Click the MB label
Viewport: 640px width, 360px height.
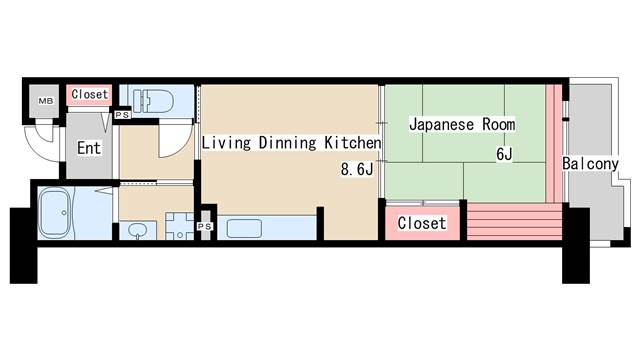point(45,101)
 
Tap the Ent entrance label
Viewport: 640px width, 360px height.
point(88,147)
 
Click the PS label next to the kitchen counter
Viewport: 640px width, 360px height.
point(205,227)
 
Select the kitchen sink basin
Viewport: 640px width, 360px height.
point(244,228)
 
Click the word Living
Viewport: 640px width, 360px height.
point(225,143)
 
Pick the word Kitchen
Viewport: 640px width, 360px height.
point(352,143)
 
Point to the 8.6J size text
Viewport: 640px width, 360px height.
point(356,169)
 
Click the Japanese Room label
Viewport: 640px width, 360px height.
point(461,125)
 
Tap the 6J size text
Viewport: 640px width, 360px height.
point(506,155)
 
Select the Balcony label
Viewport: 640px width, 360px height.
point(589,163)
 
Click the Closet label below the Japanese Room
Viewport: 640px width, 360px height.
point(421,223)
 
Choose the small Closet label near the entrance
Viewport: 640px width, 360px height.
point(89,95)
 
